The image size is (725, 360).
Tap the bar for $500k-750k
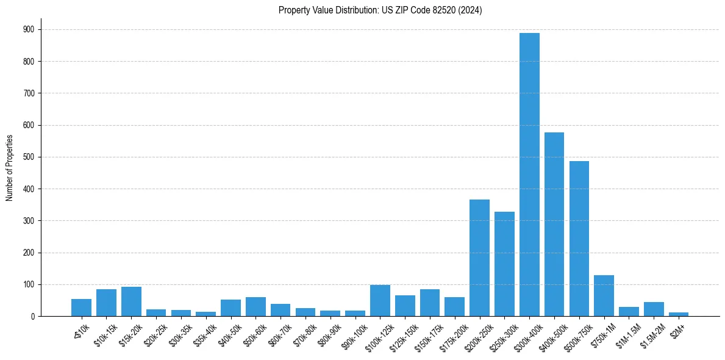pyautogui.click(x=579, y=239)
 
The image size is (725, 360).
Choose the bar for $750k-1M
pyautogui.click(x=604, y=296)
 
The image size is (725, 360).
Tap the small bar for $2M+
pyautogui.click(x=679, y=314)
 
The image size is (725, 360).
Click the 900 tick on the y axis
pyautogui.click(x=29, y=30)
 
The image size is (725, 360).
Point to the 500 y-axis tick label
pyautogui.click(x=29, y=157)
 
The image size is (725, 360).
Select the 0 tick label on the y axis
pyautogui.click(x=32, y=316)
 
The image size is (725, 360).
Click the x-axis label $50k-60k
pyautogui.click(x=254, y=333)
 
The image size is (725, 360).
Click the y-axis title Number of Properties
pyautogui.click(x=9, y=168)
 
